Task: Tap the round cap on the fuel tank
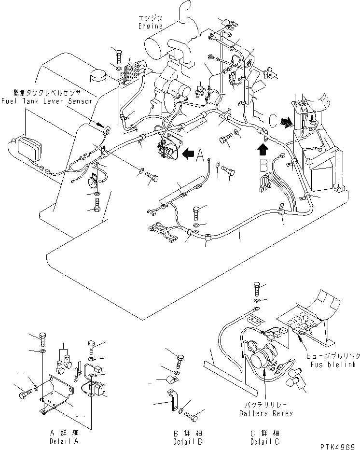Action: point(98,76)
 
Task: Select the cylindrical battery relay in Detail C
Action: point(261,359)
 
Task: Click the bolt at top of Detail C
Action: point(257,289)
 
